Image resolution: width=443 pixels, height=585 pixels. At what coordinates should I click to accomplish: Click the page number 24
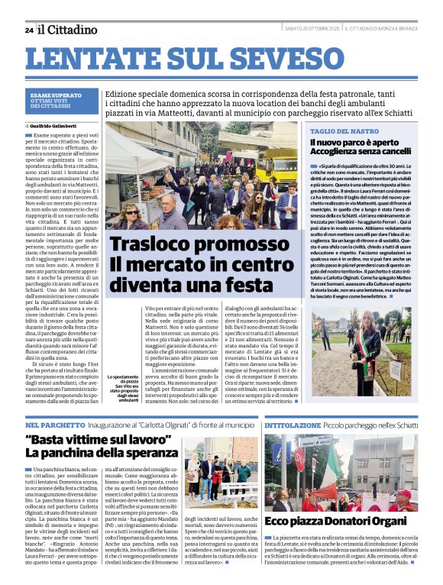point(29,30)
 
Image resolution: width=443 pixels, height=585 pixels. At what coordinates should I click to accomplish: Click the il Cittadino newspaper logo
point(68,30)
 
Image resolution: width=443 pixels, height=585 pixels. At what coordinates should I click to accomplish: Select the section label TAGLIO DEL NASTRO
point(344,131)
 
